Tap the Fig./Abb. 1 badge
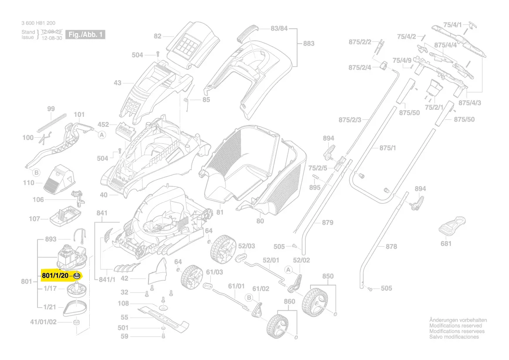[85, 34]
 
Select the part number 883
[308, 44]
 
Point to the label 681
[446, 244]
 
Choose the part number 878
[391, 246]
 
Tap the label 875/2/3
[350, 120]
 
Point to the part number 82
[157, 37]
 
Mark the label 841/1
[108, 279]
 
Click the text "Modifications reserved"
[455, 326]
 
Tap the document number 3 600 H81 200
[38, 23]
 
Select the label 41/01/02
[43, 322]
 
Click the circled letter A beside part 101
[102, 135]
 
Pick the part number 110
[29, 183]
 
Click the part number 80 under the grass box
[260, 221]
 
